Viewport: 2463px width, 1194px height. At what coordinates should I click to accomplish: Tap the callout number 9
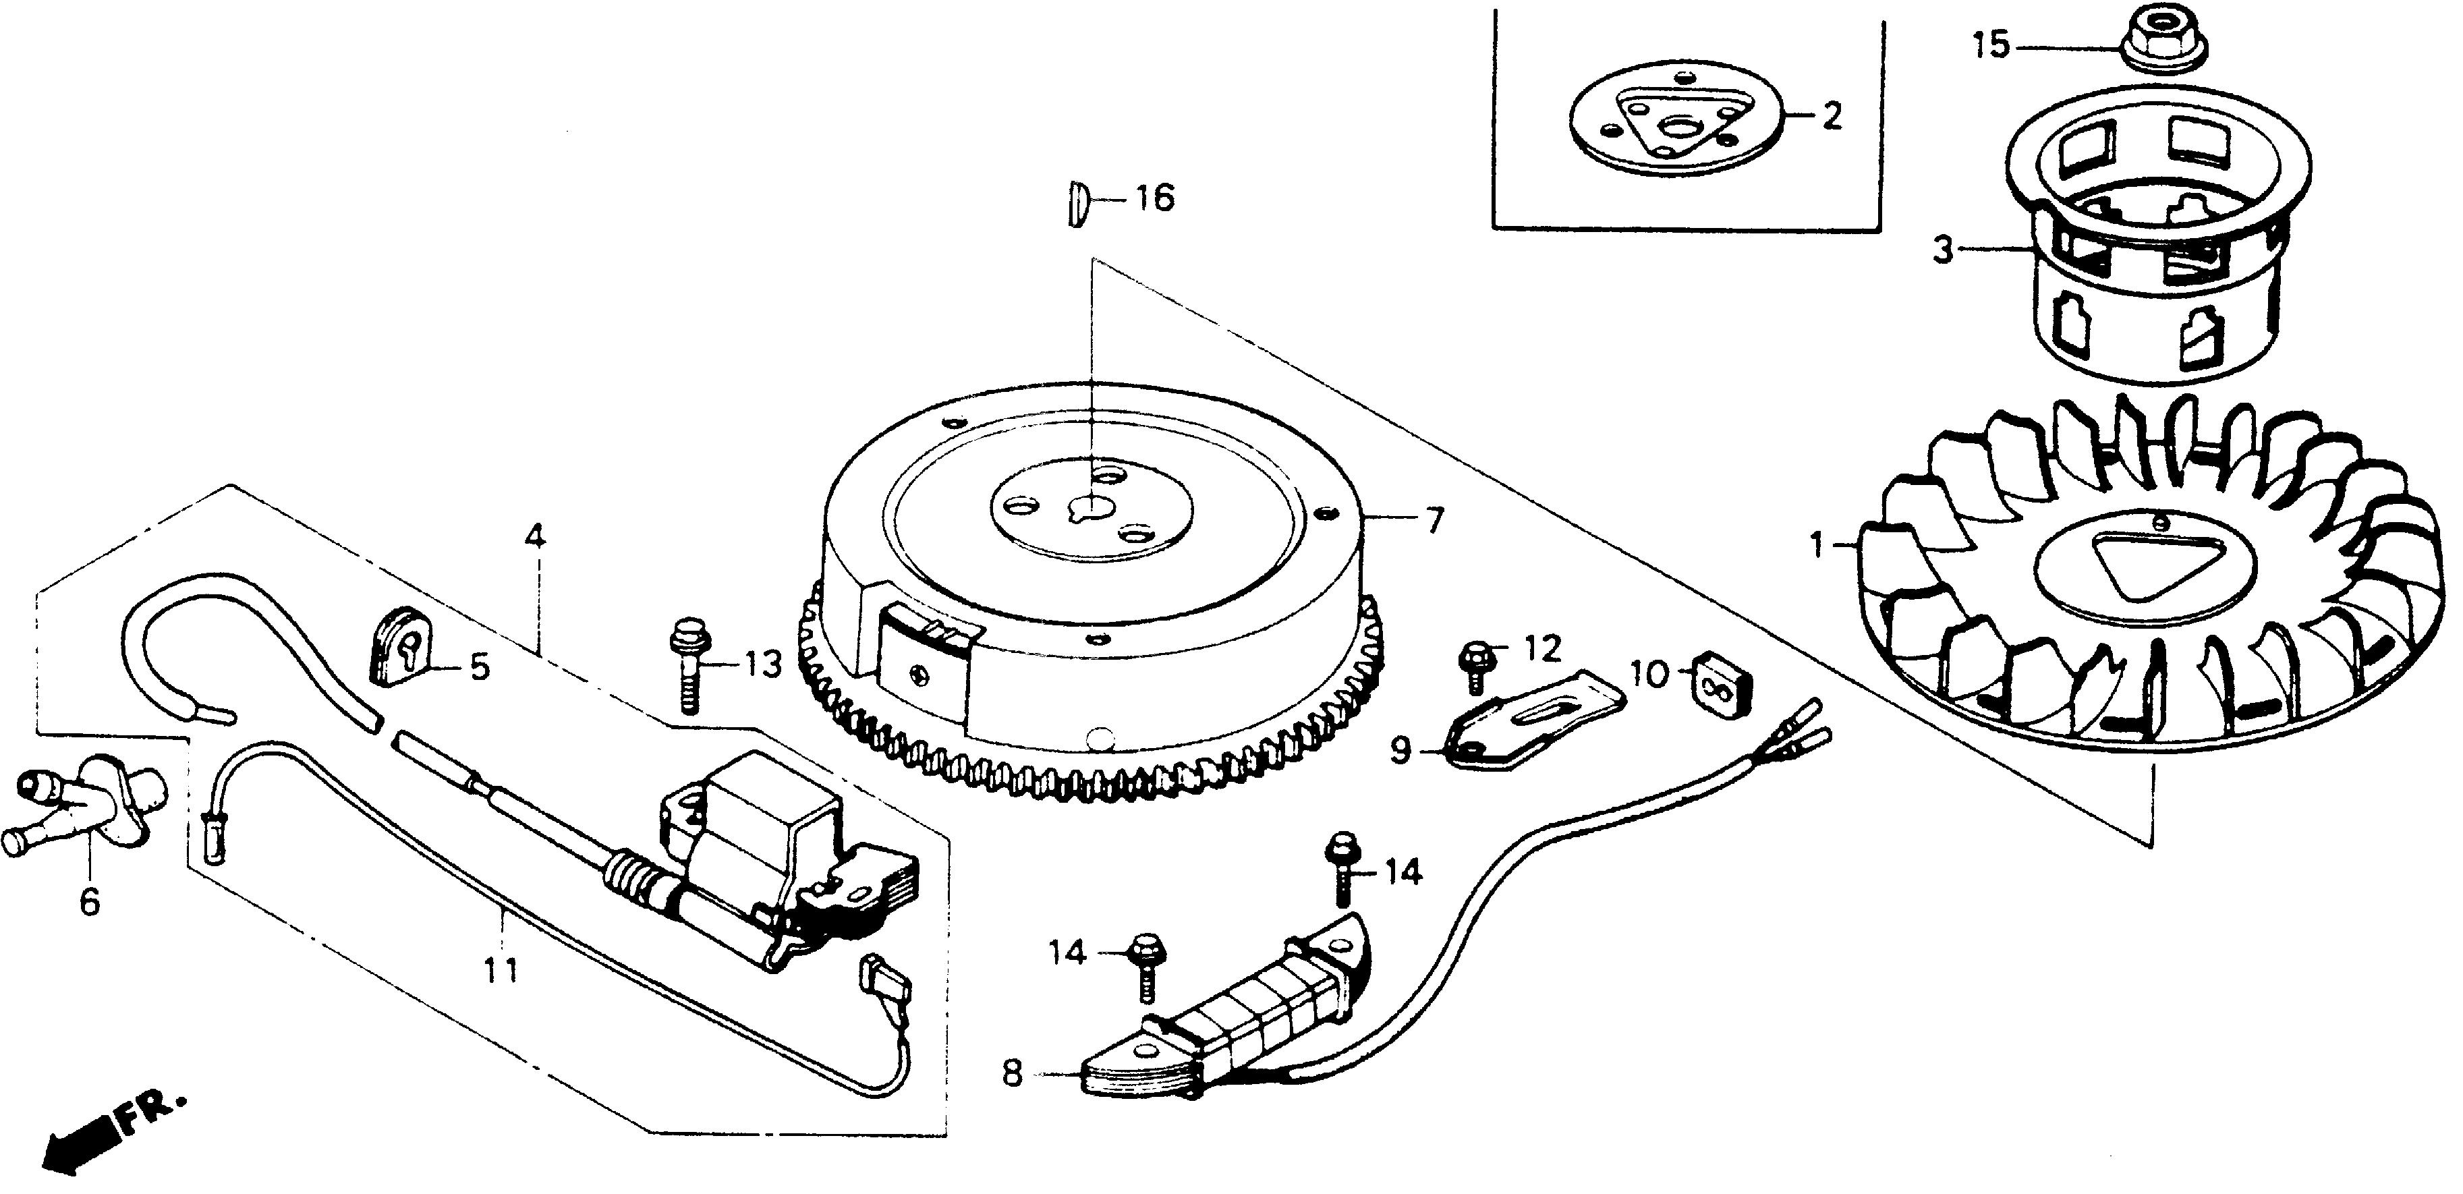tap(1400, 750)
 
